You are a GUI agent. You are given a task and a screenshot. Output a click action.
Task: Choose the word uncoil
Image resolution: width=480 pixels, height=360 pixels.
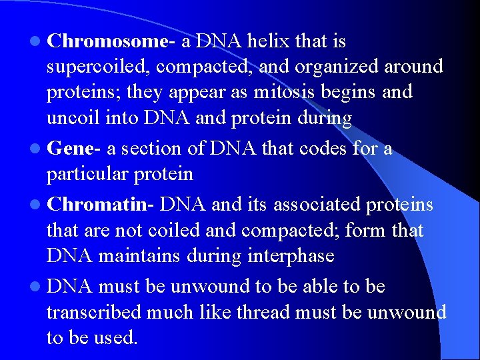(x=73, y=118)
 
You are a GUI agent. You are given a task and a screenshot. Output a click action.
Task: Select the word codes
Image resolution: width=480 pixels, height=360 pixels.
(x=324, y=149)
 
